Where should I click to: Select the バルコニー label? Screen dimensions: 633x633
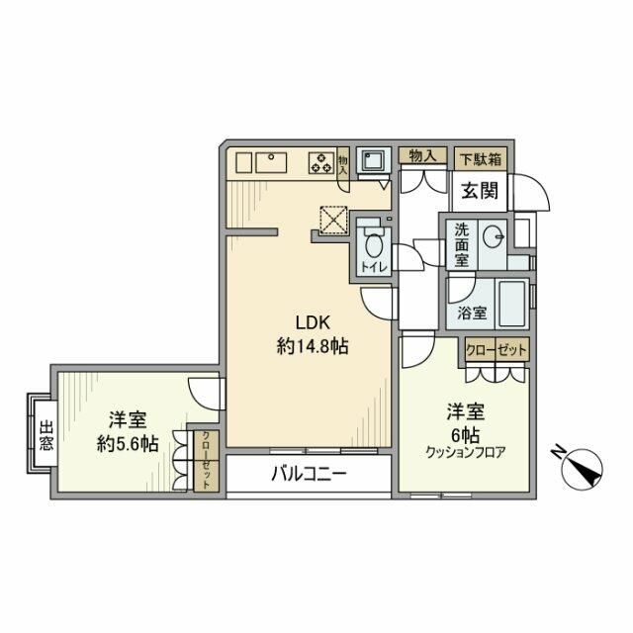pyautogui.click(x=310, y=475)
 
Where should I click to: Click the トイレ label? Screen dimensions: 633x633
pyautogui.click(x=374, y=267)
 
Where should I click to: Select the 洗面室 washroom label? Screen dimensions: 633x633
pyautogui.click(x=462, y=244)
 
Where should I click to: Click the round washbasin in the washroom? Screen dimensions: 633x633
pyautogui.click(x=496, y=236)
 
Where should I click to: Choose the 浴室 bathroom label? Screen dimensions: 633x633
pyautogui.click(x=471, y=313)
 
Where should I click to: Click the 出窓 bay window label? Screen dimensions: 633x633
pyautogui.click(x=45, y=436)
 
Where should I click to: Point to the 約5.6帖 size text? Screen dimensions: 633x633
pyautogui.click(x=127, y=444)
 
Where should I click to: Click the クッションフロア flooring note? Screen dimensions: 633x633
pyautogui.click(x=466, y=454)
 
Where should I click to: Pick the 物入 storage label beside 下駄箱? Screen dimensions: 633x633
pyautogui.click(x=422, y=156)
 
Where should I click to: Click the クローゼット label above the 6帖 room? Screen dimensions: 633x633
pyautogui.click(x=498, y=350)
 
